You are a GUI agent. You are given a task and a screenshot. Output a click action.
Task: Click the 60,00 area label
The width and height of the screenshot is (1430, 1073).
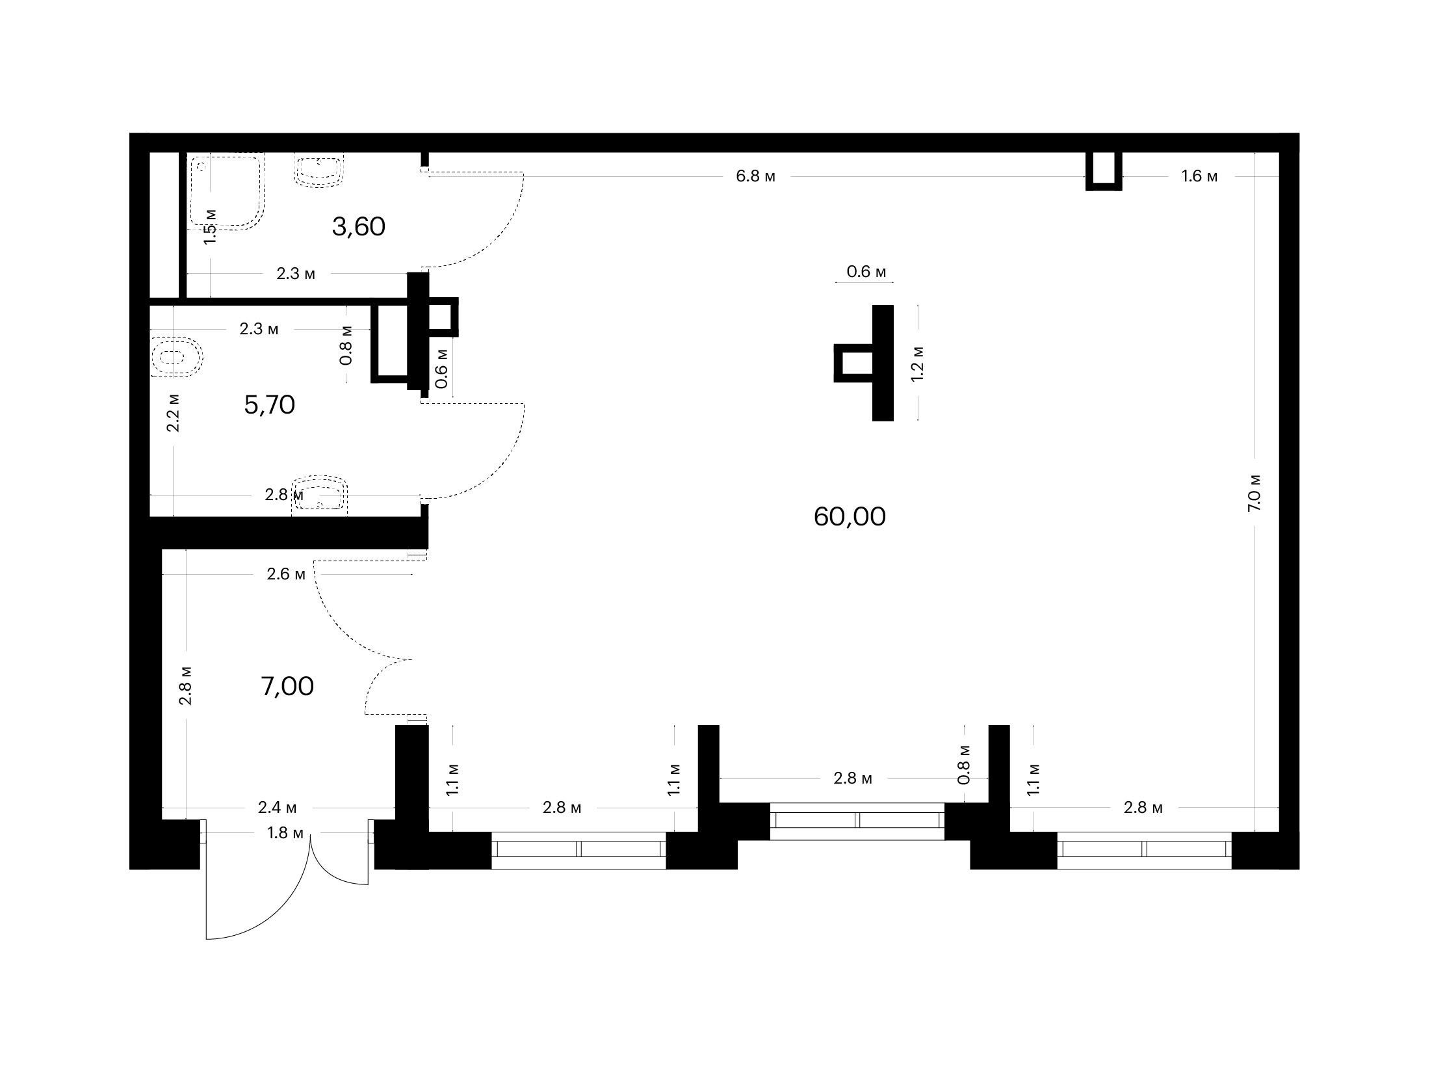849,518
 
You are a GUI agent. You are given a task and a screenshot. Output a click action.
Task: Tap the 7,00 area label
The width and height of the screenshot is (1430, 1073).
287,686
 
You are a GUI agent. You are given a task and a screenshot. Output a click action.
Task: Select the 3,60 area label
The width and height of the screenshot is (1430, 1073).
358,227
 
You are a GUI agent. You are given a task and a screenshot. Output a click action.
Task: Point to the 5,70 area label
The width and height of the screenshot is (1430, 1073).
269,405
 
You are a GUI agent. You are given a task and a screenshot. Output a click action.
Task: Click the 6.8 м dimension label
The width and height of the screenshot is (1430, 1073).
755,176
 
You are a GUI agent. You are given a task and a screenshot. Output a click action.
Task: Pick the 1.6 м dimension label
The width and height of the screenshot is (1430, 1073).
1199,176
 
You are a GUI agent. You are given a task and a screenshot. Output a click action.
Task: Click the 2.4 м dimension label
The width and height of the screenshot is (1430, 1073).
277,808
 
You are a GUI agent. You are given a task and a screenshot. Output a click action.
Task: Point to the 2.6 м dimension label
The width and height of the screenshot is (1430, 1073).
286,574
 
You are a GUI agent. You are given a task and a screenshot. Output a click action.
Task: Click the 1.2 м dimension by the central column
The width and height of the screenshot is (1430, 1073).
917,363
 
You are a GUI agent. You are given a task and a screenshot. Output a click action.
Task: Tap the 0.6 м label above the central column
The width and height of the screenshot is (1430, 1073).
866,272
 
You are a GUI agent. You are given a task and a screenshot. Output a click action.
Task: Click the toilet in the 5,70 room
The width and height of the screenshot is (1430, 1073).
175,356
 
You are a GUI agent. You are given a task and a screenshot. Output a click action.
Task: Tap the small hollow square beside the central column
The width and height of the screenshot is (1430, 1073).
853,363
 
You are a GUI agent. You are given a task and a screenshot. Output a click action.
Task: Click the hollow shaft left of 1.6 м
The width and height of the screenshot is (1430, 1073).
1104,171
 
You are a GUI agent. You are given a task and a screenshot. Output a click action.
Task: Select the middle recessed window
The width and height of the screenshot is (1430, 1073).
857,821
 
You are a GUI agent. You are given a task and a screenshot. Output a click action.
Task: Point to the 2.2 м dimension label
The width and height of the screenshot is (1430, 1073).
173,412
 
